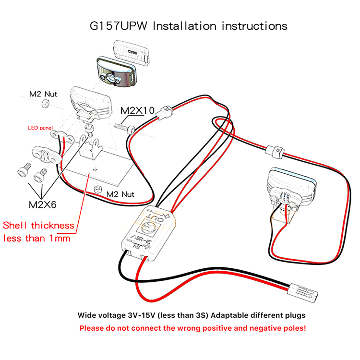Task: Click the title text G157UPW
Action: coord(118,25)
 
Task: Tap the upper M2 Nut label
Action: coord(42,94)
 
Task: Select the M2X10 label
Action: coord(137,111)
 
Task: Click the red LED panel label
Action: coord(41,128)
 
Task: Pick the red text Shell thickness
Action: coord(39,225)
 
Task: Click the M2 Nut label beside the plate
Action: coord(120,194)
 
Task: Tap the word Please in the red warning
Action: coord(92,329)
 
